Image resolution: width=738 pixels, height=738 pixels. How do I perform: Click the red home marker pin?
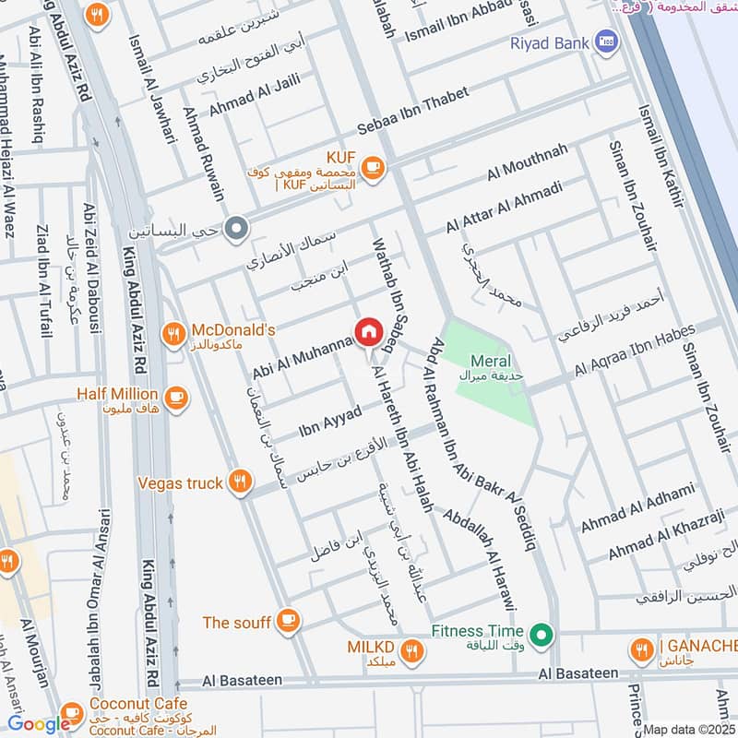point(368,332)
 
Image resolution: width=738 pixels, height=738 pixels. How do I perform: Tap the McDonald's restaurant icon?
point(173,337)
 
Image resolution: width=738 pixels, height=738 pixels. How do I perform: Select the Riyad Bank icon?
point(606,41)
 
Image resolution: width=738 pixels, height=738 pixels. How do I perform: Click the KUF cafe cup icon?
point(372,166)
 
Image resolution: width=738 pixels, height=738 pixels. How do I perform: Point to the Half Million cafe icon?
point(176,399)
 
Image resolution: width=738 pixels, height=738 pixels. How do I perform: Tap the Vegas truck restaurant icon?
point(240,482)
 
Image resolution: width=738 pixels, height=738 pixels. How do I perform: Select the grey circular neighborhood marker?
point(237,226)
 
